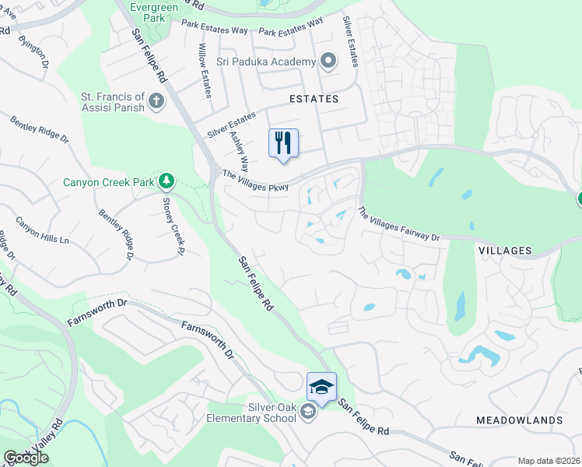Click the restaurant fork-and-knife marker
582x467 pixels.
click(x=283, y=143)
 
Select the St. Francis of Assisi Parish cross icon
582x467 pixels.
click(x=156, y=101)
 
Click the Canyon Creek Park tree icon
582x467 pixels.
click(x=166, y=182)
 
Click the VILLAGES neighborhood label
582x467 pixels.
click(x=504, y=251)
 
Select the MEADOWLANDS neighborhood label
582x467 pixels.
click(x=519, y=420)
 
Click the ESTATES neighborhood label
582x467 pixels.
click(x=314, y=99)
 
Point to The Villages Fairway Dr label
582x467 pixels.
click(x=398, y=223)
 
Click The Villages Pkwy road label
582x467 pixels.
click(x=255, y=181)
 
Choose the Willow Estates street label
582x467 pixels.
click(x=205, y=71)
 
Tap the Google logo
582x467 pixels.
click(x=26, y=458)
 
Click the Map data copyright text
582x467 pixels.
click(x=549, y=461)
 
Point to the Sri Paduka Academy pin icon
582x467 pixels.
click(x=328, y=61)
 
